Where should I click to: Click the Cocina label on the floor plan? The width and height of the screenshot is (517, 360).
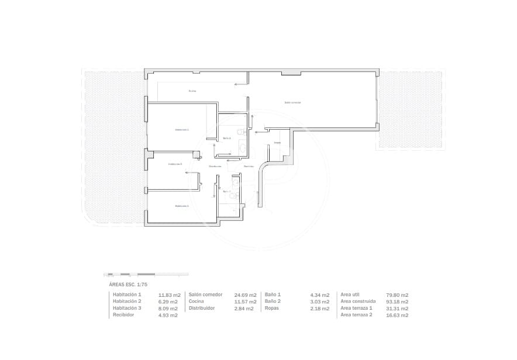pos(192,91)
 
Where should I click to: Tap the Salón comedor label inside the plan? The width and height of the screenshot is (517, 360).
pos(292,102)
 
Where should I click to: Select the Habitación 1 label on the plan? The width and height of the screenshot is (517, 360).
pos(182,130)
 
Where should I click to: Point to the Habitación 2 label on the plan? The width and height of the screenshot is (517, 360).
pos(175,164)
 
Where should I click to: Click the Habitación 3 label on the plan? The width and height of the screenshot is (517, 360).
pos(181,206)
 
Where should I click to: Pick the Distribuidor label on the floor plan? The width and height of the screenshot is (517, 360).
pos(215,167)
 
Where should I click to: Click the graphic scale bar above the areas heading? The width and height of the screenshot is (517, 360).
pos(146,274)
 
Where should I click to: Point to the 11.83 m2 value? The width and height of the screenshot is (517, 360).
pos(168,295)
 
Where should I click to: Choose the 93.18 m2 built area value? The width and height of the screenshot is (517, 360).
pos(398,302)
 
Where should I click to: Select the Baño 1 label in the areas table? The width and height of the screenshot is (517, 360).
pos(273,295)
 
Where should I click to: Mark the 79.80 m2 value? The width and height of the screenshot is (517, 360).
pos(398,295)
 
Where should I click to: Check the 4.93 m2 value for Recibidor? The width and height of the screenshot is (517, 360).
pos(168,315)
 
